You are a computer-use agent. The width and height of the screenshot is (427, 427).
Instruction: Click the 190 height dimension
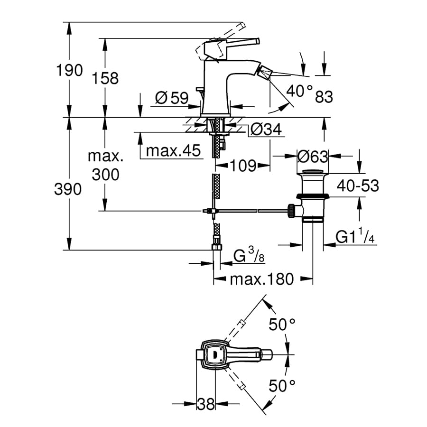pos(69,70)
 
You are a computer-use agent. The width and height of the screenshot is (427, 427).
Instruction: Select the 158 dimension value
pos(105,78)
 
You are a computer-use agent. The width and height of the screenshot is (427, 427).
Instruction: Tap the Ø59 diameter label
pos(172,98)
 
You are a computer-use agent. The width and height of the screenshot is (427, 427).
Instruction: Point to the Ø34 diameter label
pos(266,129)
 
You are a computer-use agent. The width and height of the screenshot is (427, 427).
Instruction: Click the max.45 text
pos(173,150)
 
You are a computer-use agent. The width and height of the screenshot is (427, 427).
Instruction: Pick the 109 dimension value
pos(243,166)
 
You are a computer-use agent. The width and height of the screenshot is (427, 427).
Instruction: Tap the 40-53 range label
pos(358,186)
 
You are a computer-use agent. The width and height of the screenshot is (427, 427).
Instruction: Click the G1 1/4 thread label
pos(355,236)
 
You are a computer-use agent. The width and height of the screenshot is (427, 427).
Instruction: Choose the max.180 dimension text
pos(262,279)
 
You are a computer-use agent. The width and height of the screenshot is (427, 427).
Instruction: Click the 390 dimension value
pos(68,189)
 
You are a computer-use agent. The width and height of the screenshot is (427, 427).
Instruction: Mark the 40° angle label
pos(299,91)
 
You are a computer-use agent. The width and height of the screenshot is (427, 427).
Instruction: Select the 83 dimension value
pos(324,97)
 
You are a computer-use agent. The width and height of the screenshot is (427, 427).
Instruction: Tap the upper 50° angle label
pos(282,325)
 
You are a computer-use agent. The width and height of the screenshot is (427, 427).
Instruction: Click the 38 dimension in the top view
pos(206,404)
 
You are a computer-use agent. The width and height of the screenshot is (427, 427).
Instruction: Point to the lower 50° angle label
pos(282,386)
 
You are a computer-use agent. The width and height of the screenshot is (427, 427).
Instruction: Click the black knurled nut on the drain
pos(291,211)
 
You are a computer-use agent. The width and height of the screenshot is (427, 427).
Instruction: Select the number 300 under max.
pos(105,175)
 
